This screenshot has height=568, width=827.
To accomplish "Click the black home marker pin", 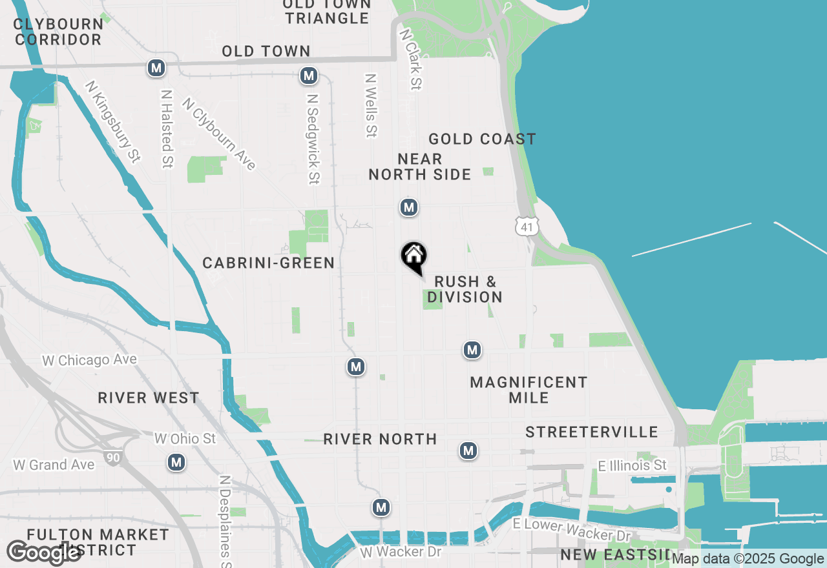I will tap(414, 257).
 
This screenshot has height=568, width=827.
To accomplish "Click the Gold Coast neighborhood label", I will tap(482, 139).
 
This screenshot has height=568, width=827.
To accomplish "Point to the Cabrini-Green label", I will tap(268, 263).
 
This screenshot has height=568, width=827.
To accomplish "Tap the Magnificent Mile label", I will tap(529, 390).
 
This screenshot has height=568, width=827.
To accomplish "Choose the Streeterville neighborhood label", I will tap(591, 432).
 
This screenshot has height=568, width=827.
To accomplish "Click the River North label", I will tap(380, 439).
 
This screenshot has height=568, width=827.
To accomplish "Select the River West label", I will tap(149, 398).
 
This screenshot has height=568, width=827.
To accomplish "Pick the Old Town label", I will tap(266, 51).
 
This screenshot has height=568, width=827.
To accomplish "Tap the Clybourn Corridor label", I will tap(58, 32).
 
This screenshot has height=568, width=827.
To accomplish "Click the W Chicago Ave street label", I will tap(90, 360).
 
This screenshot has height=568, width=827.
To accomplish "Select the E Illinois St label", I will tap(632, 465).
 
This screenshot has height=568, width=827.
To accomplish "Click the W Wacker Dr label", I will tap(401, 552).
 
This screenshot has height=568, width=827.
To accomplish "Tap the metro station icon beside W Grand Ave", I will tap(176, 462).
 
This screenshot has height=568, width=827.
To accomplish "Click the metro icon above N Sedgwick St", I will tap(309, 76).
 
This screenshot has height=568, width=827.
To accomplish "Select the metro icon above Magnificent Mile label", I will tap(472, 350).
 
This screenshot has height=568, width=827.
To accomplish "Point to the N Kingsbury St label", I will tap(112, 121).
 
